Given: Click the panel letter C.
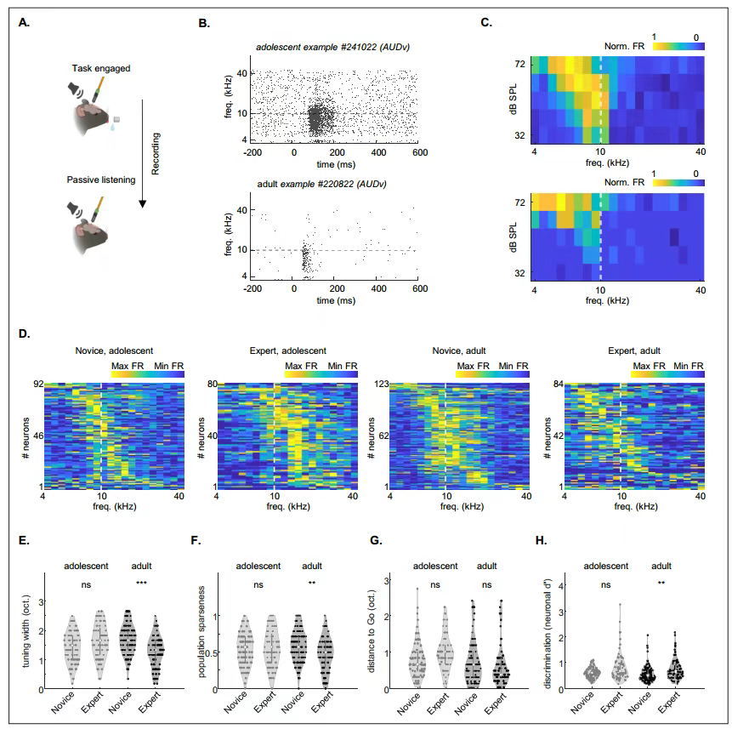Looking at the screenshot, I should pos(485,22).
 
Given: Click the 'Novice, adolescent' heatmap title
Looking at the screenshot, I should pos(113,350).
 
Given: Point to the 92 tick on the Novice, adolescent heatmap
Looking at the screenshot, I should pos(37,385).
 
